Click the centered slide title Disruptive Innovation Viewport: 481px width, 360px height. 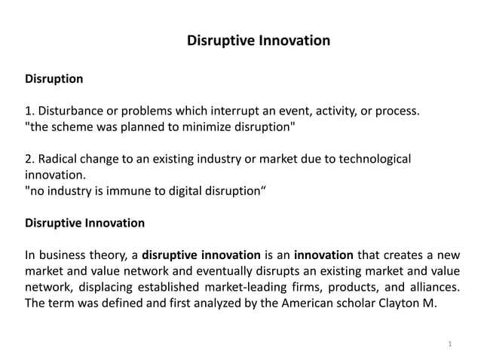click(258, 40)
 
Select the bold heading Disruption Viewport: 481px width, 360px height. click(54, 78)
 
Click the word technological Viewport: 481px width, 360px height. click(375, 160)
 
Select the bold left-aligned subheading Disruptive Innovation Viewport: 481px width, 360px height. click(85, 224)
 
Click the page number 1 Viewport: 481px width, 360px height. click(449, 344)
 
